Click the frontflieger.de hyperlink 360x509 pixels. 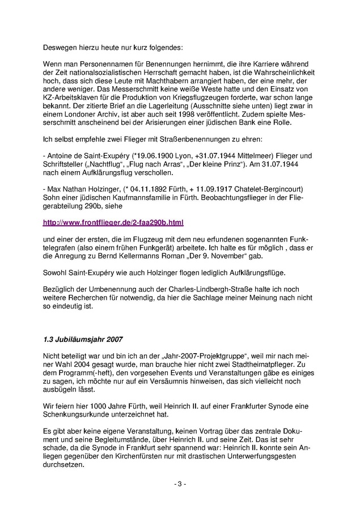pyautogui.click(x=113, y=222)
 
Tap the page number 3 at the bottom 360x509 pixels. pyautogui.click(x=180, y=484)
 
